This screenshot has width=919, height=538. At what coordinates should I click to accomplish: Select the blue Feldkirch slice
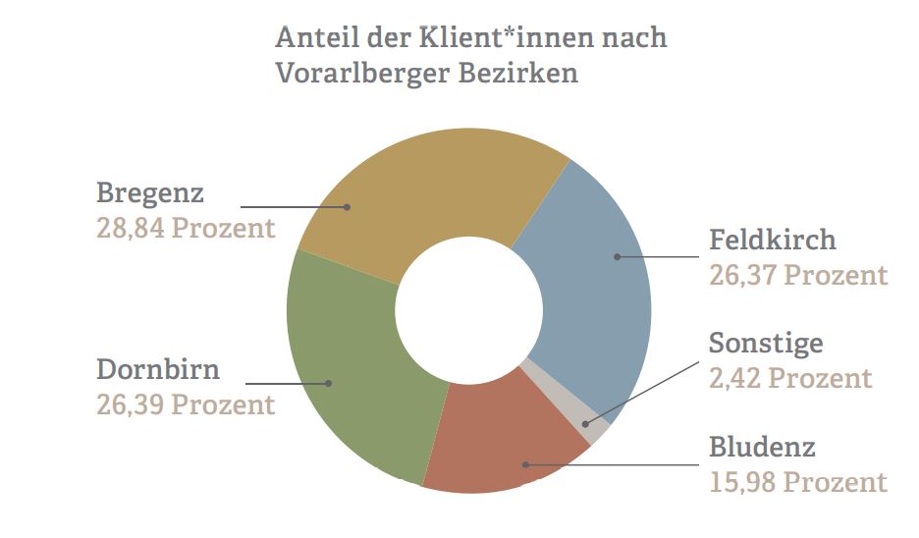589,285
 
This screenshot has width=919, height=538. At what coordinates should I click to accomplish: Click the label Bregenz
150,192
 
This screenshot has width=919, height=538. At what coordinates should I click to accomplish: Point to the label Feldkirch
773,240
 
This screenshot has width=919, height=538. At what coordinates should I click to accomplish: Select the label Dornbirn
158,370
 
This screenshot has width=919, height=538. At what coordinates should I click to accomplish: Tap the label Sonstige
766,344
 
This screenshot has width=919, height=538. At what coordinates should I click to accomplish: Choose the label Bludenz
762,449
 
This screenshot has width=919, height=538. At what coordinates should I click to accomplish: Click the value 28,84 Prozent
186,228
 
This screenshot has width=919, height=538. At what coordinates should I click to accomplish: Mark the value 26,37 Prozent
798,275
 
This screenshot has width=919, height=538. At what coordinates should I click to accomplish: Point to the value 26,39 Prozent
186,404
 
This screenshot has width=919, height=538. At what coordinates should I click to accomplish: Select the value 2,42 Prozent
790,378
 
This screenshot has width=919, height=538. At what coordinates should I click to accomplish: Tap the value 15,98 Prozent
798,483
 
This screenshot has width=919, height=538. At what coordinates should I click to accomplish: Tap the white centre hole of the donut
468,310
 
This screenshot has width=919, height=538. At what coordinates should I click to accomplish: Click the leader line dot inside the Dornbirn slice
329,383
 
